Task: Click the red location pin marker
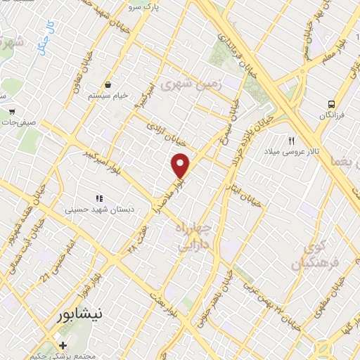point(181,166)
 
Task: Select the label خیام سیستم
point(108,95)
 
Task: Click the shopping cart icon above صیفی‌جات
point(12,110)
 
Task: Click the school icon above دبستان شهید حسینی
point(99,198)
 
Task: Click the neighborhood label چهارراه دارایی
point(195,239)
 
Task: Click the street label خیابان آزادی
point(161,131)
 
